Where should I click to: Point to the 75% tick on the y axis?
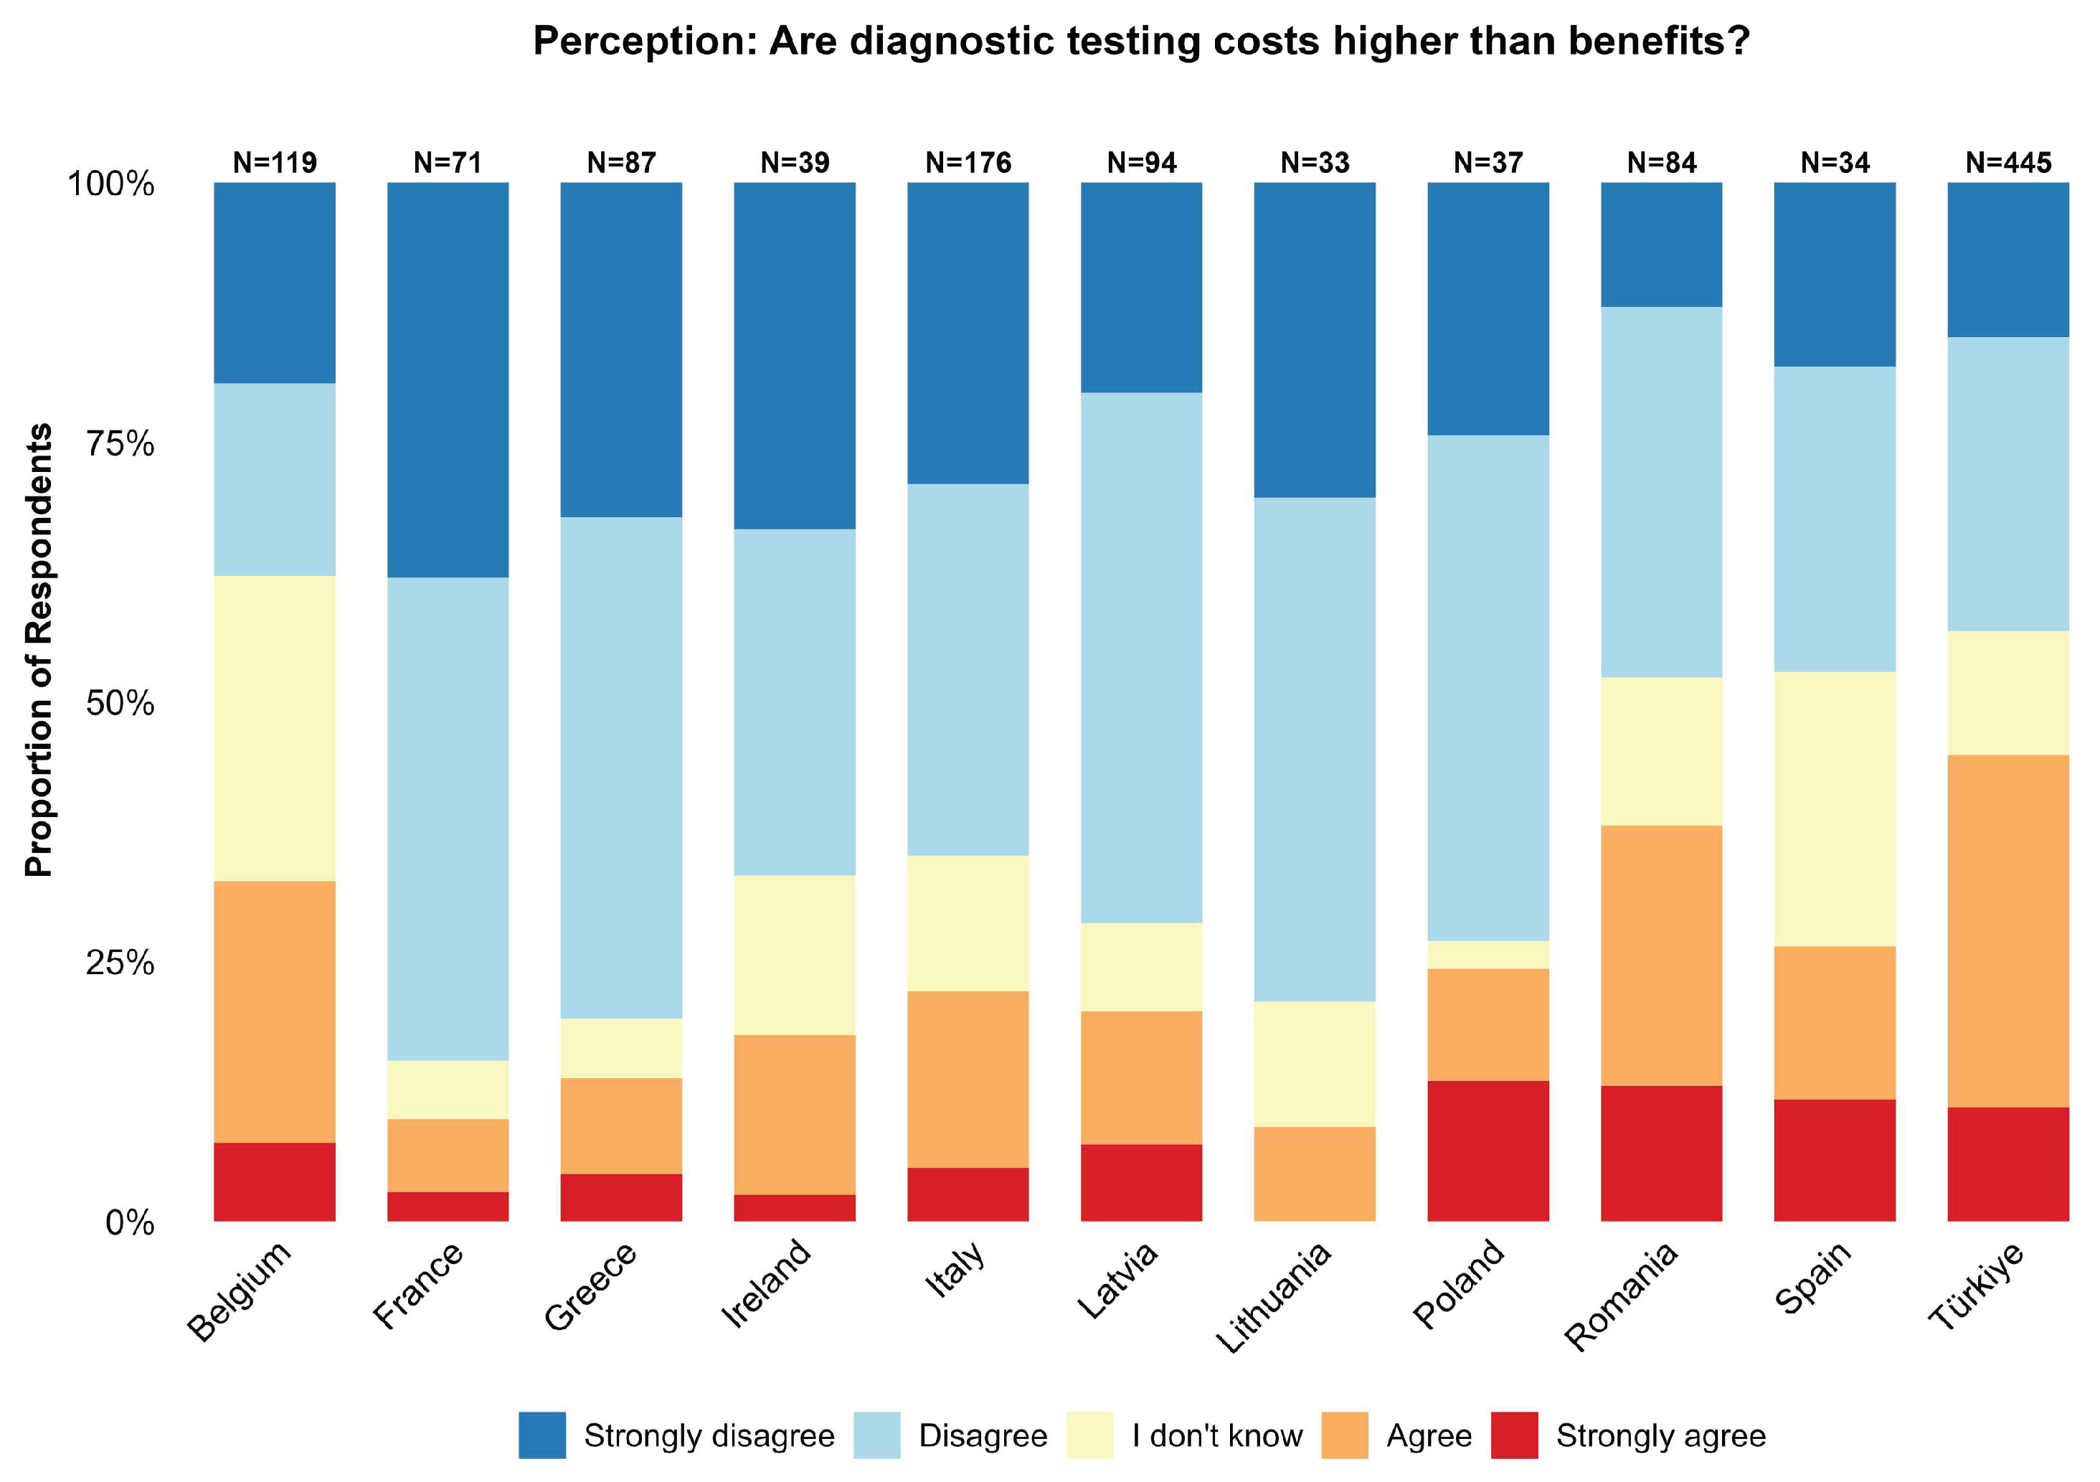(120, 445)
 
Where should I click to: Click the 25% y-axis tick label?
(120, 963)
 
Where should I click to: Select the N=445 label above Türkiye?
(2008, 163)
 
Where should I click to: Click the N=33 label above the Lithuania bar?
(1315, 163)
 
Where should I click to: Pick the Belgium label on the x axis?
(240, 1292)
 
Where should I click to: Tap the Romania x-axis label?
(1621, 1296)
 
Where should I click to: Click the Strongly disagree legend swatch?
(542, 1435)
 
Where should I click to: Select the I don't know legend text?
(1216, 1436)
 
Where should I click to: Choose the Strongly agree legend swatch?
(1515, 1435)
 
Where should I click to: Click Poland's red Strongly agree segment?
(1488, 1151)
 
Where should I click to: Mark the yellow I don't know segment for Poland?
(1488, 955)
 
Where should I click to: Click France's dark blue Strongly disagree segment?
(448, 381)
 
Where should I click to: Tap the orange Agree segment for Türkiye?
(2008, 931)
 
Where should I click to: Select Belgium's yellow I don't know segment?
(275, 729)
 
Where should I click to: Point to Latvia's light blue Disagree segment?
(1142, 658)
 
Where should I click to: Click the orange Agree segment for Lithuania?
(1315, 1174)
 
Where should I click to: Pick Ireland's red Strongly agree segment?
(795, 1207)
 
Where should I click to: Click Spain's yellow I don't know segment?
(1835, 810)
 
